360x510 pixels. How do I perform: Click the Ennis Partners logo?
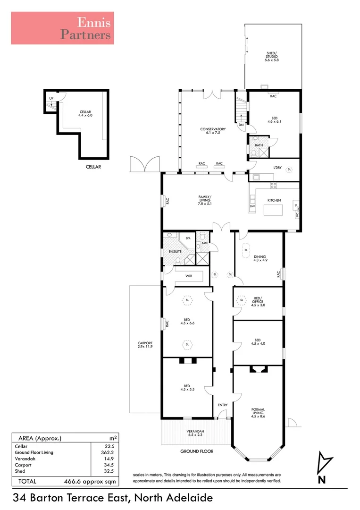click(62, 28)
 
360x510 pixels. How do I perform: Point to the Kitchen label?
click(274, 200)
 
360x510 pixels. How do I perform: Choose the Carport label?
click(145, 345)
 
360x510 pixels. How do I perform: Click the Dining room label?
click(260, 258)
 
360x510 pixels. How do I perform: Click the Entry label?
click(223, 405)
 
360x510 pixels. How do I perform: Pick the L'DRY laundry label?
click(278, 168)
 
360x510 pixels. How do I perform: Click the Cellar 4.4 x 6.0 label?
click(85, 114)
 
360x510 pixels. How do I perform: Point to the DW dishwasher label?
click(252, 206)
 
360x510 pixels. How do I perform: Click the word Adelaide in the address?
click(189, 497)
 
